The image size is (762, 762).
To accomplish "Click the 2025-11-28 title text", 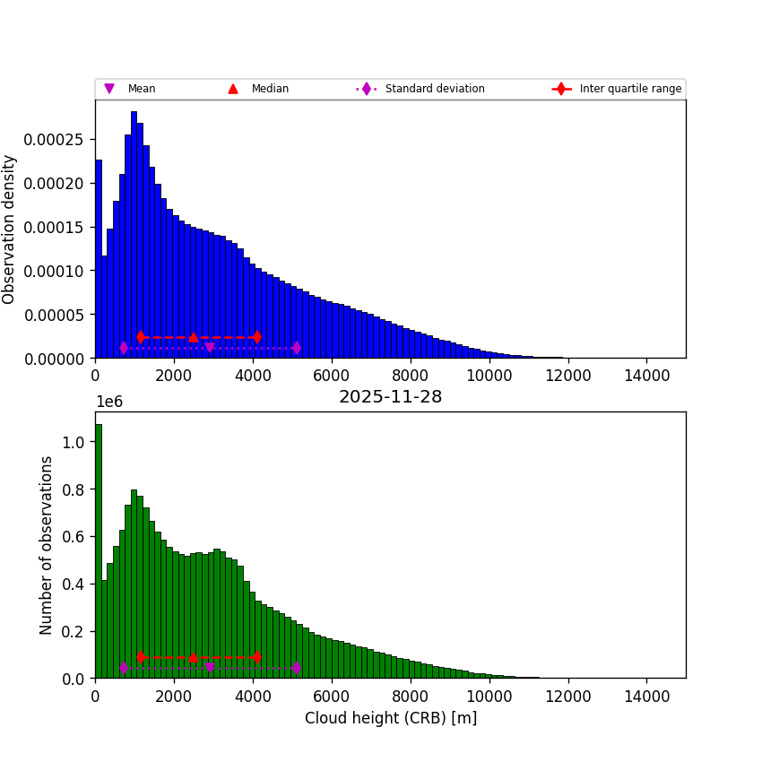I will (390, 397).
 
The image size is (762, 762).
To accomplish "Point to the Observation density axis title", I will (10, 229).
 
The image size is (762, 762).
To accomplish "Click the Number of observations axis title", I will (47, 545).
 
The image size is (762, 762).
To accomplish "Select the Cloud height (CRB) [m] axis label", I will (390, 718).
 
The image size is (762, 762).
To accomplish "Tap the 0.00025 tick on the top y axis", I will (60, 139).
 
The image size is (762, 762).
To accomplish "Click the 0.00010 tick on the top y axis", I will (60, 271).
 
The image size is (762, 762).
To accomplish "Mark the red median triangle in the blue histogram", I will (194, 337).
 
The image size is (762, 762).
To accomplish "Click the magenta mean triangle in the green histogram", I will (210, 668).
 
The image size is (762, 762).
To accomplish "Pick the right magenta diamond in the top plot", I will (296, 348).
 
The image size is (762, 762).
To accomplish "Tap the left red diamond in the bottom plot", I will (141, 657).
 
